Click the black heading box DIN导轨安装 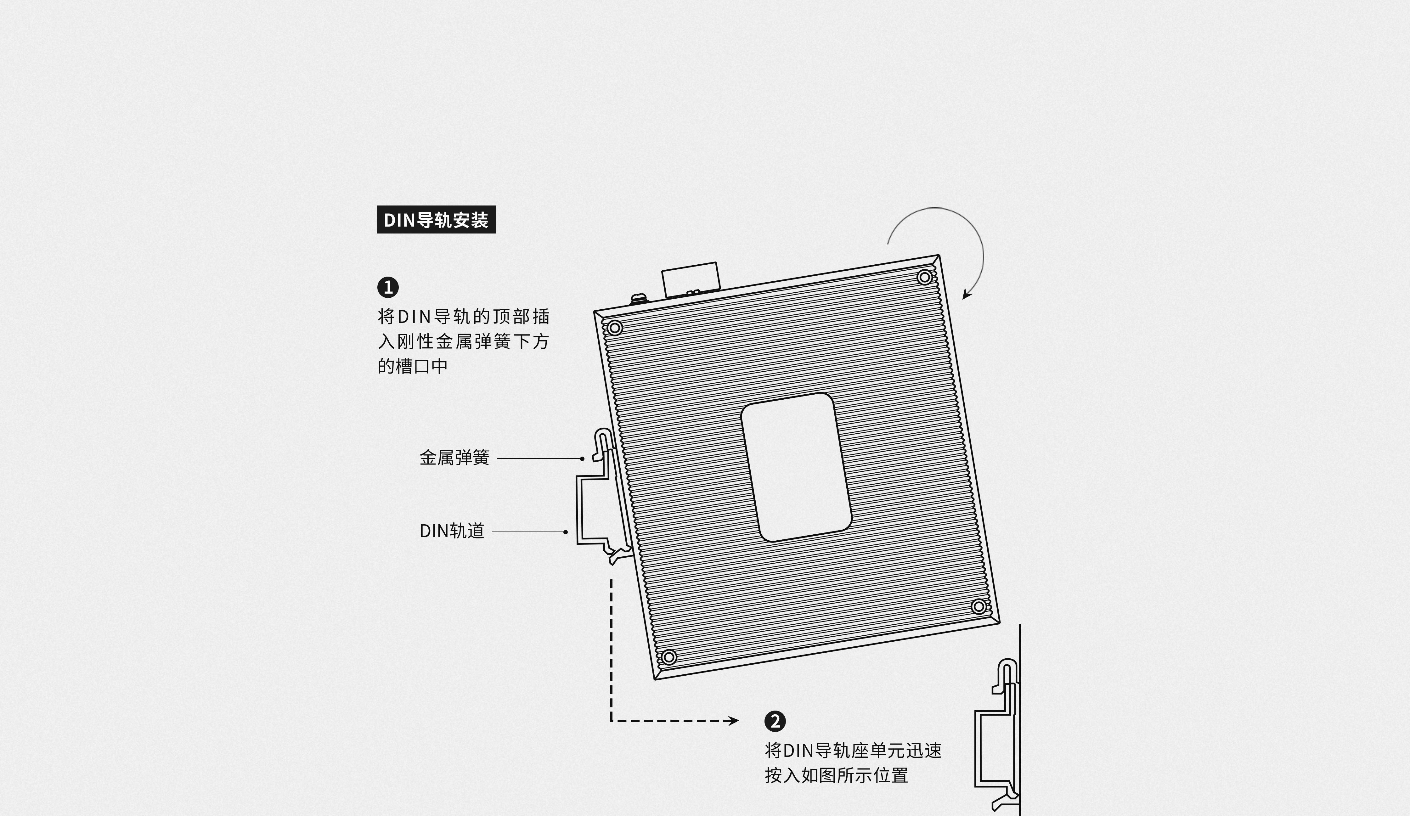(436, 220)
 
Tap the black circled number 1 (388, 288)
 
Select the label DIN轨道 (452, 531)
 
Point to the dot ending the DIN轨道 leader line (566, 532)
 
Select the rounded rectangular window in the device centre (796, 467)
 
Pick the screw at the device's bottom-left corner (668, 656)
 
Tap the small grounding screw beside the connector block (638, 299)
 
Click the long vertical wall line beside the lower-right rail (1019, 720)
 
